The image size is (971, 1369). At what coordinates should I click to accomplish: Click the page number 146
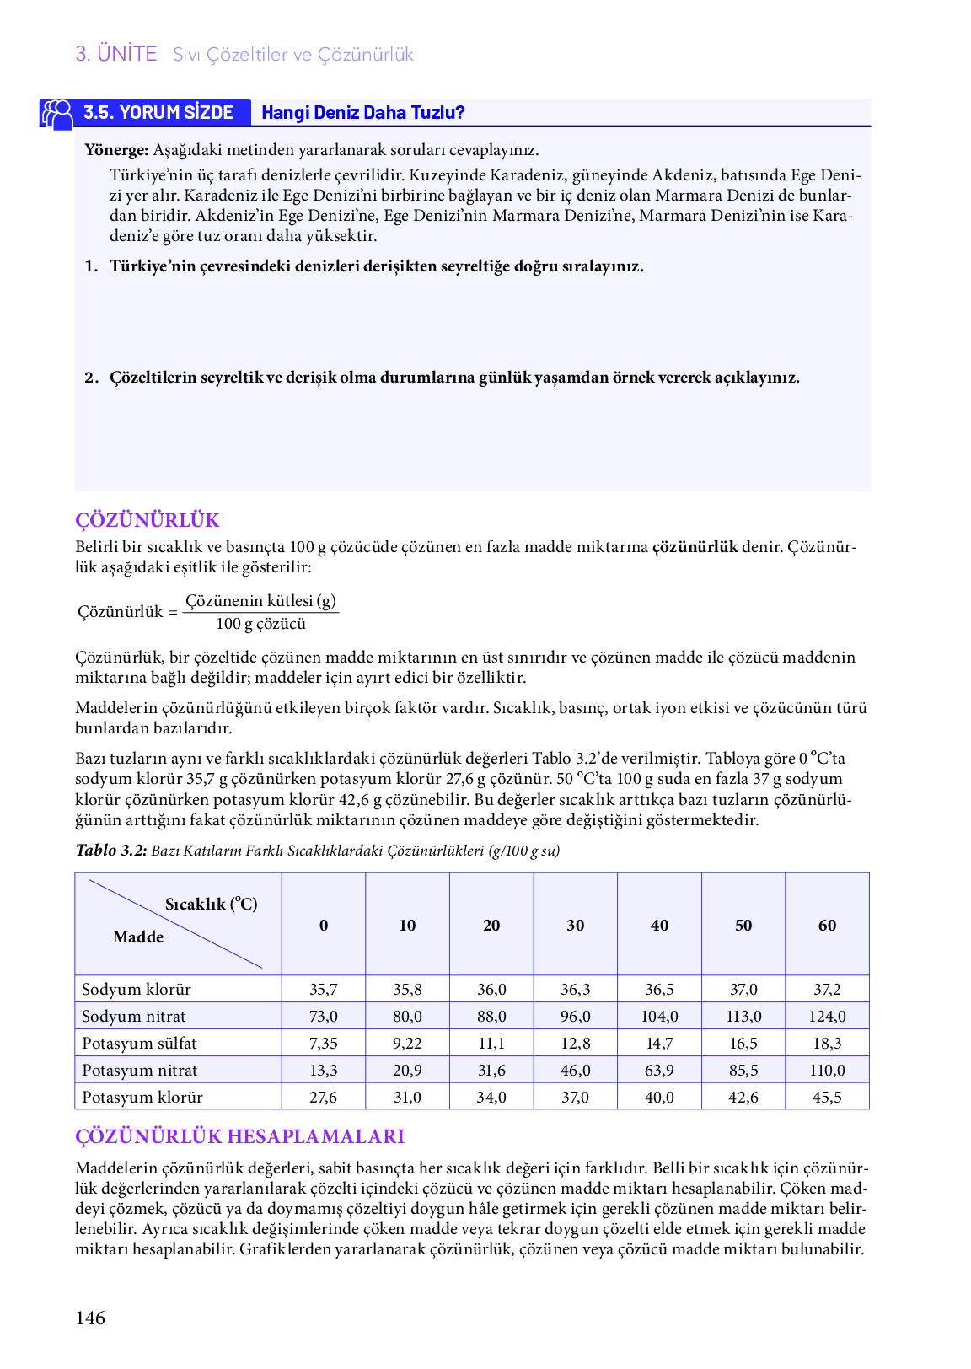coord(90,1318)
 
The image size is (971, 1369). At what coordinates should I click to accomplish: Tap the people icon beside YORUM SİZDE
coord(57,114)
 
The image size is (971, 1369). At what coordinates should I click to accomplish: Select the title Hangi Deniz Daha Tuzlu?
coord(362,113)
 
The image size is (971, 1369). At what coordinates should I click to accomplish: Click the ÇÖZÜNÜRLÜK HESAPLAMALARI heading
coord(239,1136)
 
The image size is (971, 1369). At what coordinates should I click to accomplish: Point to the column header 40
coord(659,926)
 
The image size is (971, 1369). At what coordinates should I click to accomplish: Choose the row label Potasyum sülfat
coord(139,1044)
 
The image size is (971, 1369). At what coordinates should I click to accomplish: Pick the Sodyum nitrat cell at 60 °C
coord(827,1017)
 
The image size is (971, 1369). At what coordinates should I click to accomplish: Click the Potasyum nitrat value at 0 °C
coord(324,1071)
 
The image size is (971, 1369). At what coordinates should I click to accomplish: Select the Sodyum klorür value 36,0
coord(491,990)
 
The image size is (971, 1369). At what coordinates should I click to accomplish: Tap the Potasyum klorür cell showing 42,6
coord(743,1098)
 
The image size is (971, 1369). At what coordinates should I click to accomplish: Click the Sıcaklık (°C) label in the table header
coord(211,905)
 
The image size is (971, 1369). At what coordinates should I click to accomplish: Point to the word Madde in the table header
coord(138,937)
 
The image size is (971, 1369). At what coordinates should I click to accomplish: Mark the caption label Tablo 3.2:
coord(111,851)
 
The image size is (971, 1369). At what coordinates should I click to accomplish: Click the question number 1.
coord(91,266)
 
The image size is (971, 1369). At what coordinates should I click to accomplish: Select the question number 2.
coord(91,378)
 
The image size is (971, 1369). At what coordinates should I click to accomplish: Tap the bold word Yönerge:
coord(116,150)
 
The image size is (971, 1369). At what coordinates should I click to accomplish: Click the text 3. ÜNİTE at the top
coord(116,54)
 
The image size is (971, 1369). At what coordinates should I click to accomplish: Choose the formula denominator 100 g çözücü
coord(260,624)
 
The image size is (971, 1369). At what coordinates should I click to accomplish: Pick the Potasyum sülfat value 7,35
coord(324,1044)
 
